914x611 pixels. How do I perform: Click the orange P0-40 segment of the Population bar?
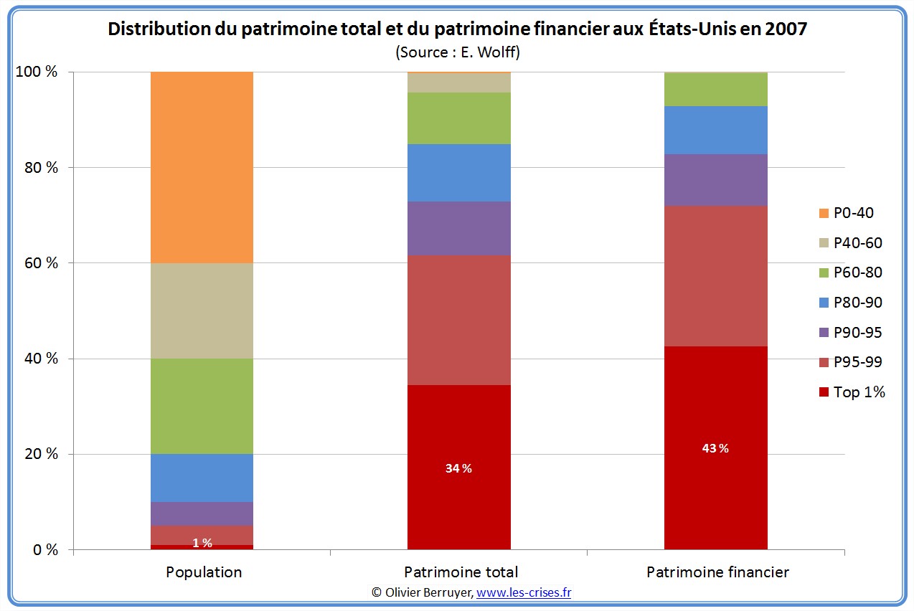202,167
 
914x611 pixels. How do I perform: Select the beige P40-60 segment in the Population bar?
202,311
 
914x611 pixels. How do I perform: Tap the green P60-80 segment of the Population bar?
202,406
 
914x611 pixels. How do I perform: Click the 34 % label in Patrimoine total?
459,468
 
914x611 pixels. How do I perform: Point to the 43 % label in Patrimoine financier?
715,448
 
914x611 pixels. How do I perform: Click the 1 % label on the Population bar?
202,543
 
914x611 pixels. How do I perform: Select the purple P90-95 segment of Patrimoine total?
459,228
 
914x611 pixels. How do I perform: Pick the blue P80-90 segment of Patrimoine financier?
715,130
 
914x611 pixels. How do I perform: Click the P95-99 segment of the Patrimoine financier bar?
715,276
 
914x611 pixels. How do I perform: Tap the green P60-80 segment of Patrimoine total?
459,118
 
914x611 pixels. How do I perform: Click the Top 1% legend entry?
852,392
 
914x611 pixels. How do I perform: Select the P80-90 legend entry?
851,303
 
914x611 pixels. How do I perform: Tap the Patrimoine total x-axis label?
461,572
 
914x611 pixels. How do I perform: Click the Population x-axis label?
204,572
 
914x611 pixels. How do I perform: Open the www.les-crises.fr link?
524,592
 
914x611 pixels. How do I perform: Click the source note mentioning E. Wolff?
457,52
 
